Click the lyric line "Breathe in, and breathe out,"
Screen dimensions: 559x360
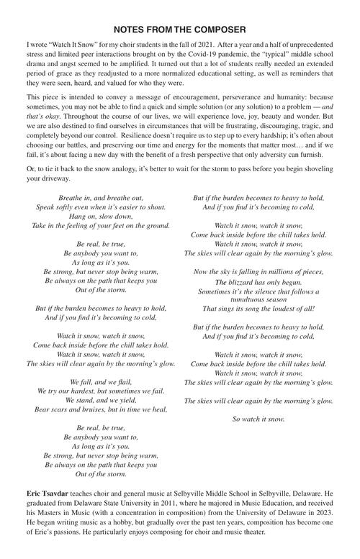[100, 197]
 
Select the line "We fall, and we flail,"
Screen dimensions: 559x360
[100, 381]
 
